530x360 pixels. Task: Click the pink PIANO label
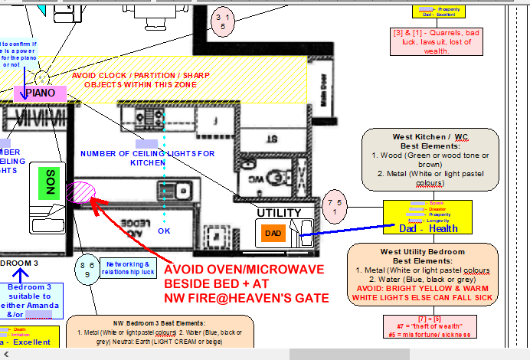click(40, 93)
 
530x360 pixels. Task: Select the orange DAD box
click(273, 232)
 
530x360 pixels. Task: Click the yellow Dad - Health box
click(428, 218)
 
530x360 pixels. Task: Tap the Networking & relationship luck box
click(129, 268)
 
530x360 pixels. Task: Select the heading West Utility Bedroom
click(429, 252)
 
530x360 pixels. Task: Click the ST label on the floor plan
click(271, 139)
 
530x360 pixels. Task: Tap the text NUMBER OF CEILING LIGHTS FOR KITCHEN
click(148, 158)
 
